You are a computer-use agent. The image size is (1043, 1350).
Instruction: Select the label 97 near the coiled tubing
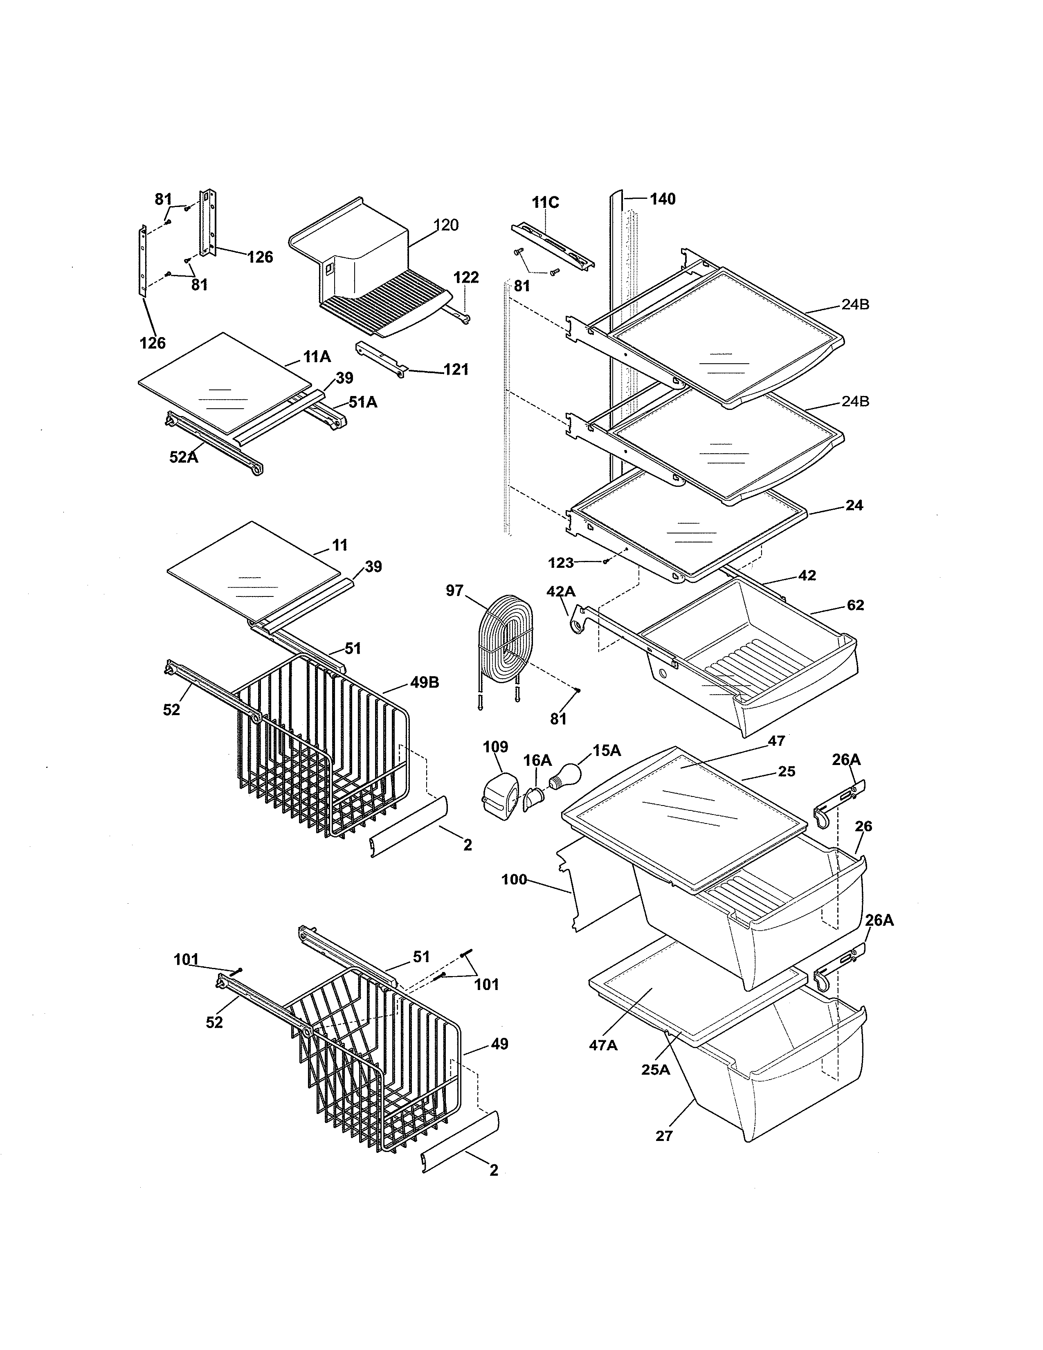tap(455, 590)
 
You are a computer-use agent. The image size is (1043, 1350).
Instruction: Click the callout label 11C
tap(545, 202)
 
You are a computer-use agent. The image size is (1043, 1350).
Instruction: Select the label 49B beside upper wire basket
tap(425, 682)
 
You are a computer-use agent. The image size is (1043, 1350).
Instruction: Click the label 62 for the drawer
tap(855, 605)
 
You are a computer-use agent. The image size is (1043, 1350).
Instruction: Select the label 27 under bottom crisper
tap(663, 1136)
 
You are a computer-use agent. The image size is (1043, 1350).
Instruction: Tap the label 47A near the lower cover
tap(603, 1045)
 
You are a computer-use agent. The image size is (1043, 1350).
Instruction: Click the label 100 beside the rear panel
tap(514, 879)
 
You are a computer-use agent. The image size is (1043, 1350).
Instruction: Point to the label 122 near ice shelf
tap(466, 277)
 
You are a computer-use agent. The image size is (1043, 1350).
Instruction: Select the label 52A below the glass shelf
tap(184, 457)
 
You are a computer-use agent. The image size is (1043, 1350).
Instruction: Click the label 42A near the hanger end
tap(560, 592)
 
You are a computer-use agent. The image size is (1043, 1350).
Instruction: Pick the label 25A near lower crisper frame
tap(655, 1069)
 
